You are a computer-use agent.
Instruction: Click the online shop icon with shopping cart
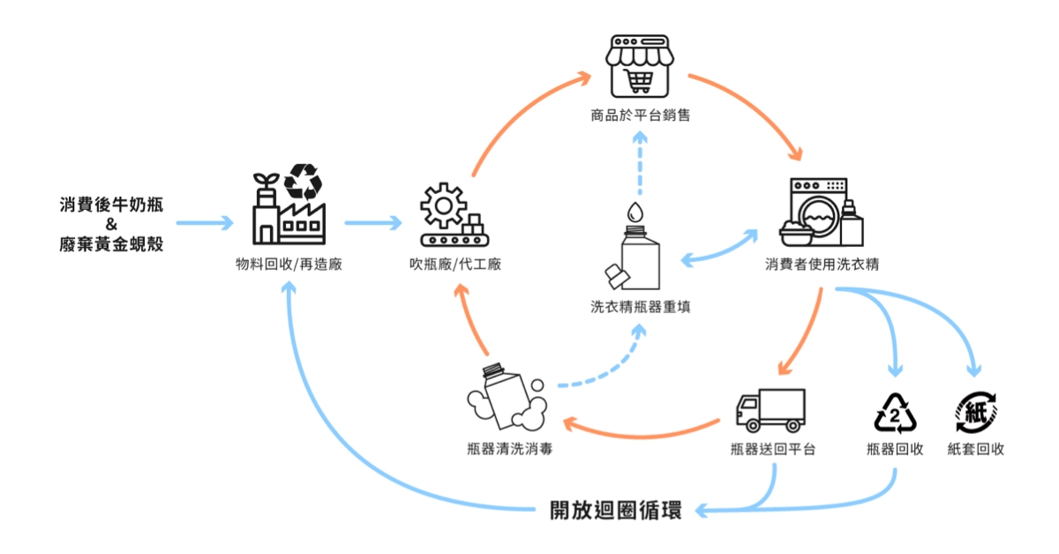[x=639, y=67]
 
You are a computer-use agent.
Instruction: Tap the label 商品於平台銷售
[x=639, y=115]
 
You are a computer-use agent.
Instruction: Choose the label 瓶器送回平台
[x=773, y=449]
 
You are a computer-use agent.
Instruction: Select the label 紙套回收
[x=976, y=449]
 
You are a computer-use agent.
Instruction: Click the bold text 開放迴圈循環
[x=615, y=511]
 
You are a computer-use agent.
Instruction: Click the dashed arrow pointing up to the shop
[x=640, y=168]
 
